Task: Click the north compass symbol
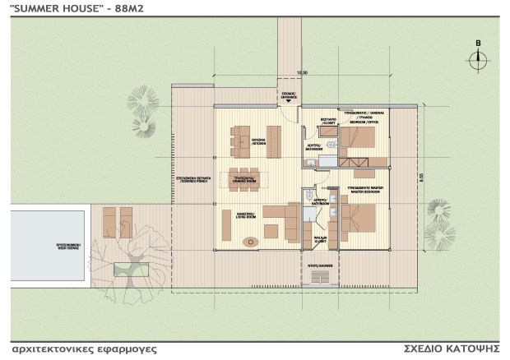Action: coord(478,58)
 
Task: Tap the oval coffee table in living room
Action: coord(251,241)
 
